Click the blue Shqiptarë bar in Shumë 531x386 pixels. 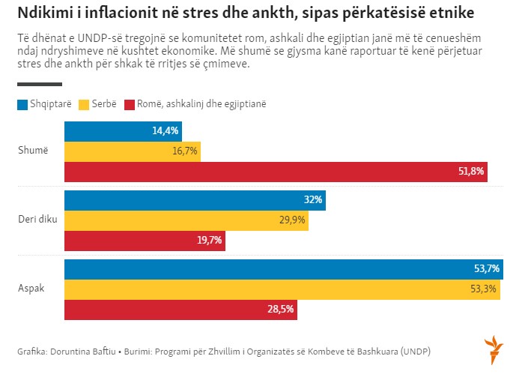[x=123, y=130]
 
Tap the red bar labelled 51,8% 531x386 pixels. [x=276, y=172]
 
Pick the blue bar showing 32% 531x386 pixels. [x=195, y=200]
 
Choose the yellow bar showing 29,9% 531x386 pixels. [x=186, y=220]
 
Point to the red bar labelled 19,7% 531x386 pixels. [x=145, y=241]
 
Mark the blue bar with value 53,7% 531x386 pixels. [x=283, y=269]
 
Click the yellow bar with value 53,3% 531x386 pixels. [x=282, y=289]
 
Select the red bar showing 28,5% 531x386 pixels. [x=180, y=310]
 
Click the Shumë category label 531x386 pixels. [x=33, y=151]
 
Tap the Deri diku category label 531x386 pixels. [x=37, y=220]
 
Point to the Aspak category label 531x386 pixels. [x=31, y=289]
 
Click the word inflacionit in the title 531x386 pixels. [x=108, y=14]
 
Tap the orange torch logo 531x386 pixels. [x=494, y=349]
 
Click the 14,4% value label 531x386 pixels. [x=165, y=130]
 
